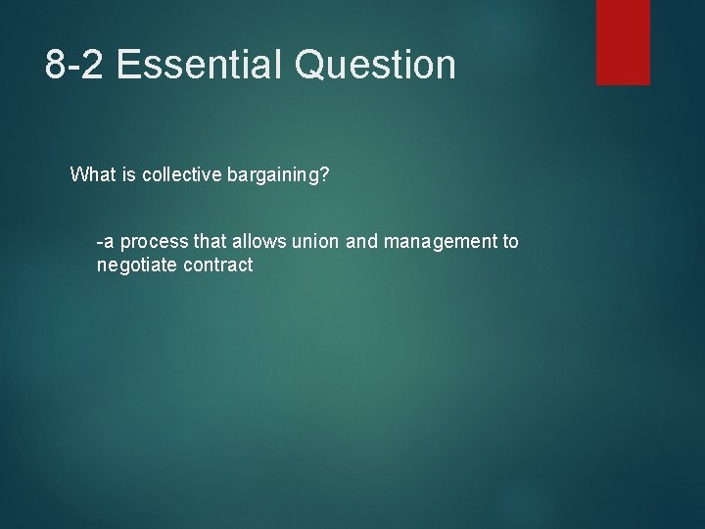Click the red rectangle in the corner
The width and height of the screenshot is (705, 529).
tap(623, 42)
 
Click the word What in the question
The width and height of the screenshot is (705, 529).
tap(93, 175)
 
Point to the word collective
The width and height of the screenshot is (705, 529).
tap(183, 175)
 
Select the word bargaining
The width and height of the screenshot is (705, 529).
tap(278, 176)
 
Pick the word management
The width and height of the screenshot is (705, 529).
tap(430, 242)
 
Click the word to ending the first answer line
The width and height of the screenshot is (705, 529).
tap(510, 241)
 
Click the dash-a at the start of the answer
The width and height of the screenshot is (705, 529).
tap(104, 241)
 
